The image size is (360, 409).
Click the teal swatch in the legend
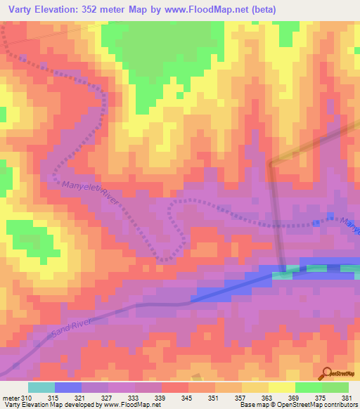tap(41, 387)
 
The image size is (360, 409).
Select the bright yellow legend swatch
tap(282, 387)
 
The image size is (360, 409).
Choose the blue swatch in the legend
tap(68, 387)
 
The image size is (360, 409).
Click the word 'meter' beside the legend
tap(9, 397)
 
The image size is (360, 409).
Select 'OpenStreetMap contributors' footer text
tap(323, 405)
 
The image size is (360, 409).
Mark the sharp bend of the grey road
tap(270, 162)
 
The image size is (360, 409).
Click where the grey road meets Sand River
tap(283, 270)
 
